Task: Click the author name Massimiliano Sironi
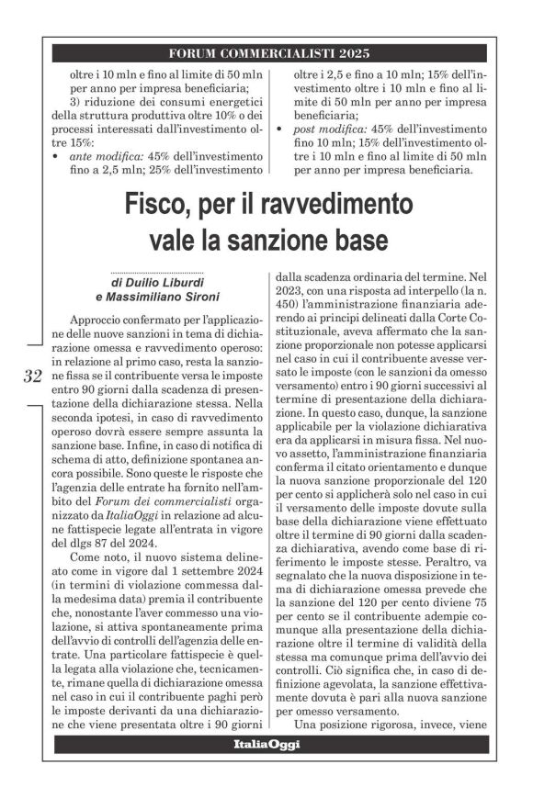click(164, 297)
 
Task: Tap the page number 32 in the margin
click(32, 376)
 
